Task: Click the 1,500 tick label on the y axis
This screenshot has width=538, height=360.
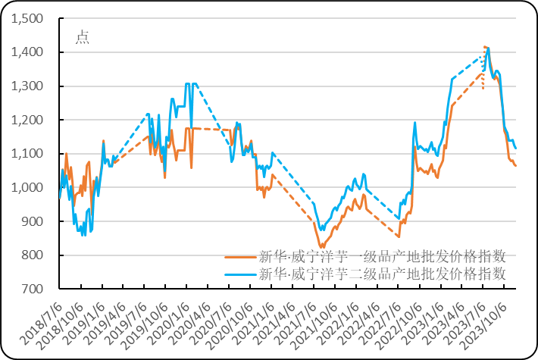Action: tap(29, 18)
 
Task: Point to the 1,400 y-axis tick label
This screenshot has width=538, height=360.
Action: tap(29, 52)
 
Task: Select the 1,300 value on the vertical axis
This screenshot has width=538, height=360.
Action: tap(29, 86)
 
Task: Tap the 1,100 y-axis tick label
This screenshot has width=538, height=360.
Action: tap(29, 153)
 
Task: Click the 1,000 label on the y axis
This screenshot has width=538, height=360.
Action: tap(29, 187)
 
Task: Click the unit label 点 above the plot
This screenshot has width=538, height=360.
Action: tap(82, 38)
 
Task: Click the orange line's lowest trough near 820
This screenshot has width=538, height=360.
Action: tap(322, 246)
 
